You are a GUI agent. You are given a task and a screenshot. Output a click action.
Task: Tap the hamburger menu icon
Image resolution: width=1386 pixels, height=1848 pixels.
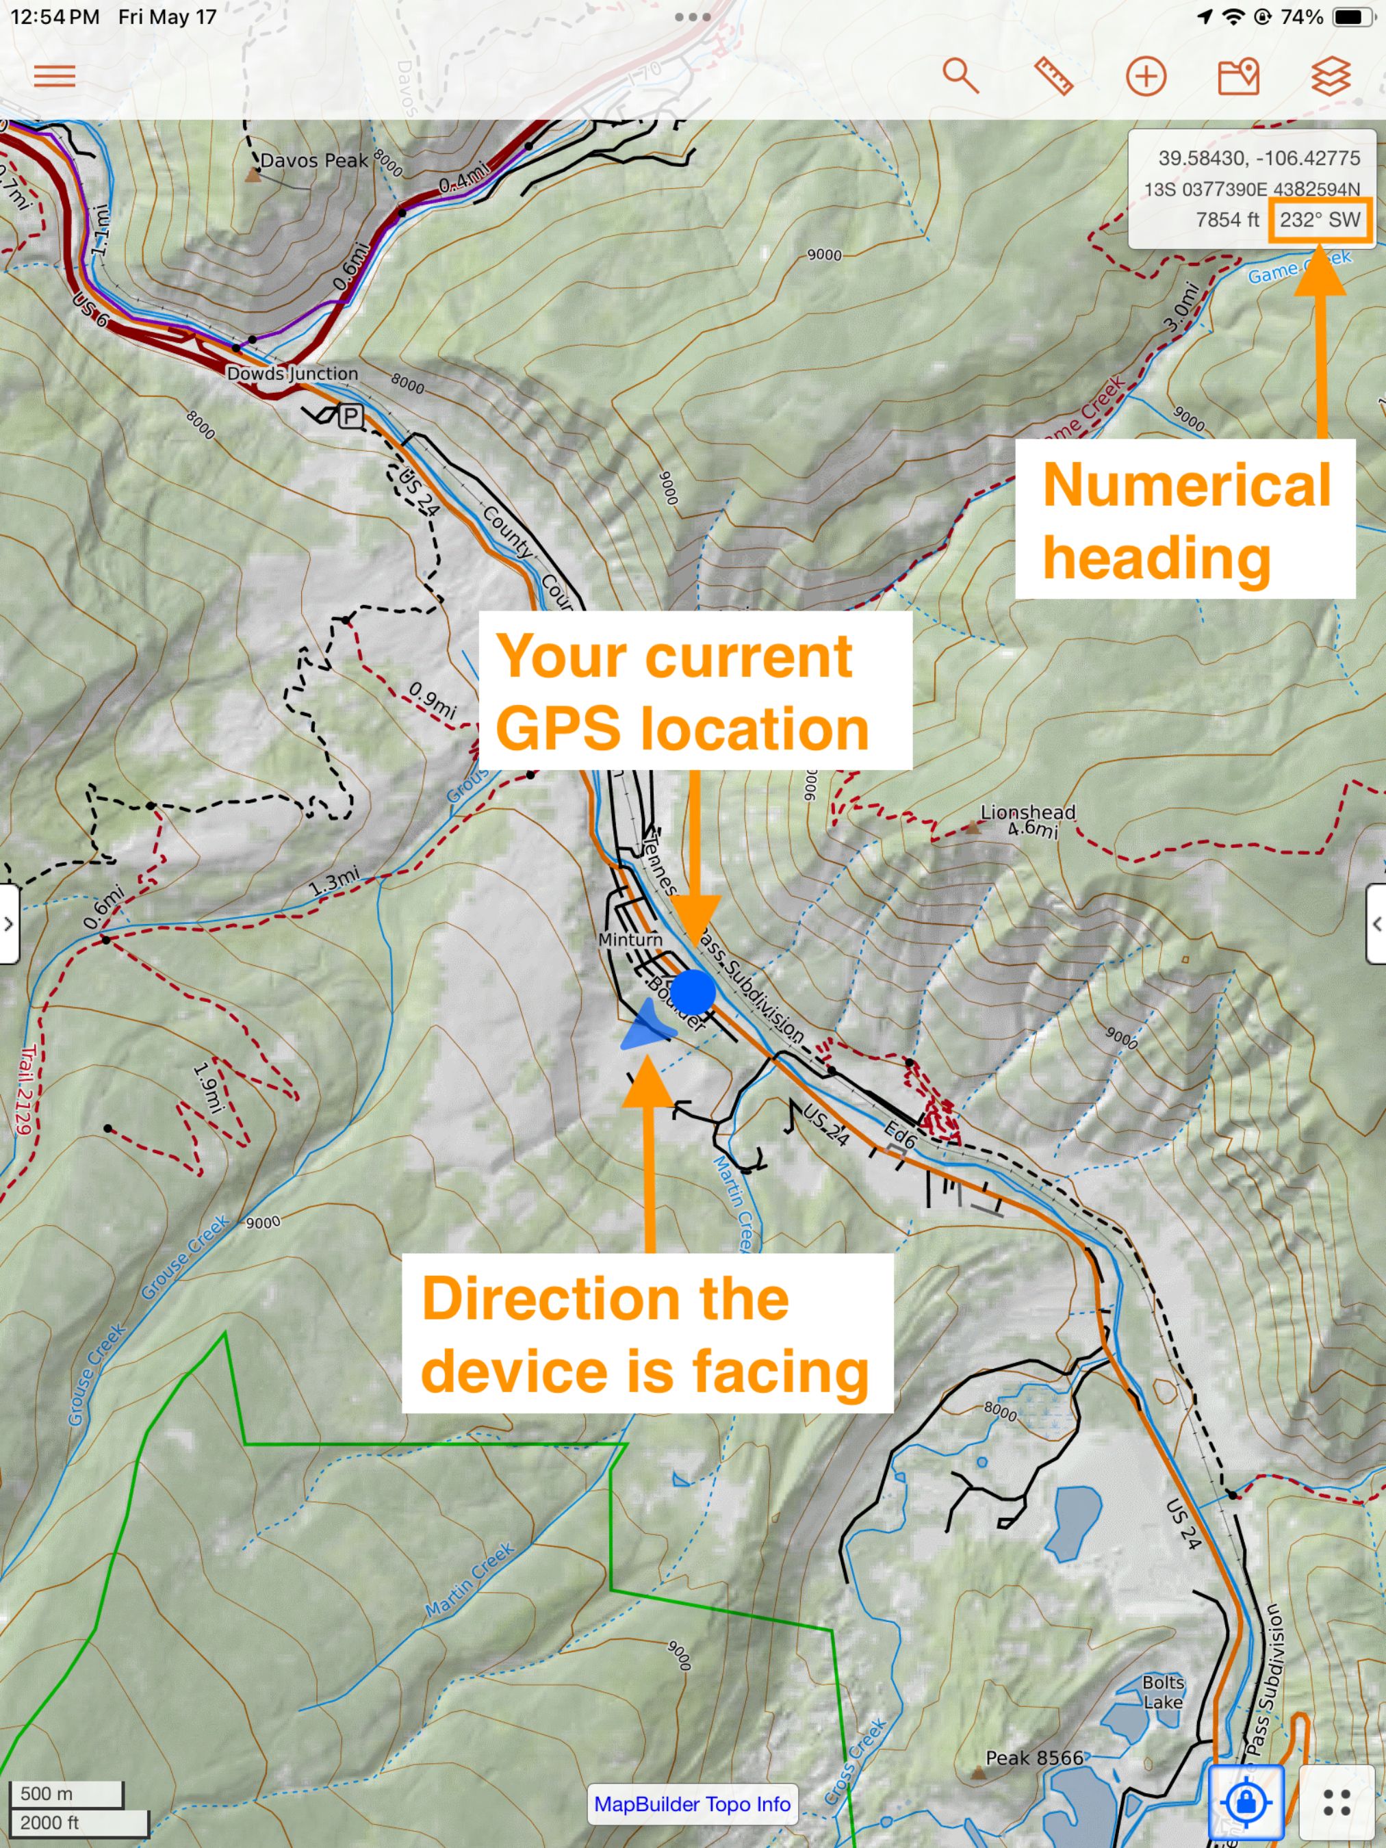54,76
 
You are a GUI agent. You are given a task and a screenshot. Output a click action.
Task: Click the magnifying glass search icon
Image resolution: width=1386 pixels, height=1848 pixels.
960,76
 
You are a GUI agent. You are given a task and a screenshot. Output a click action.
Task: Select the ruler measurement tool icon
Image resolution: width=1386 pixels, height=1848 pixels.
1053,76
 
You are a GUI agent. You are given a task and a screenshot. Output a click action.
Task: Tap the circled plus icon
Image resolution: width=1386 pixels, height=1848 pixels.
1145,77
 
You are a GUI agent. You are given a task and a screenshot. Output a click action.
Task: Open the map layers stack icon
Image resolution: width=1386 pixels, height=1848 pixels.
1330,76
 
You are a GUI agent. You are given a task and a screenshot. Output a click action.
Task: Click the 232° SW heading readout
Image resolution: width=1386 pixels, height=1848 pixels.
1320,220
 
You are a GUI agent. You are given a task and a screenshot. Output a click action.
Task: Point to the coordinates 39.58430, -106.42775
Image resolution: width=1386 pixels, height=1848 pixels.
1258,158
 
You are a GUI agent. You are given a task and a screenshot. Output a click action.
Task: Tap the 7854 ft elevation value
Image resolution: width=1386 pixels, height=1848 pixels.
1227,220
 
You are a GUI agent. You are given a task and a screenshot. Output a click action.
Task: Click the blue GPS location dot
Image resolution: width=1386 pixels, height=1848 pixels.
693,992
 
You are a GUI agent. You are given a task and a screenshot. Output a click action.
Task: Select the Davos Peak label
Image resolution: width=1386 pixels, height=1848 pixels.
313,160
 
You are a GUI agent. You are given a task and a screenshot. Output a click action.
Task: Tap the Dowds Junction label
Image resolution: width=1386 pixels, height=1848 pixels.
292,374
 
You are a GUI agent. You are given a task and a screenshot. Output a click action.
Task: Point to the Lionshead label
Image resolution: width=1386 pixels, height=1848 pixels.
1027,812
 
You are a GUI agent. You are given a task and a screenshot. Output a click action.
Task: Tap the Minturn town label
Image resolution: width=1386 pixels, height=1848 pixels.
630,940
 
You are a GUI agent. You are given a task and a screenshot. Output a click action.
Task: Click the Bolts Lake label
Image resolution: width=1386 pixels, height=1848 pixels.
1163,1692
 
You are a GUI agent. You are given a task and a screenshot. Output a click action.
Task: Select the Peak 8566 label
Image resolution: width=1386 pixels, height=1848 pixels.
1034,1758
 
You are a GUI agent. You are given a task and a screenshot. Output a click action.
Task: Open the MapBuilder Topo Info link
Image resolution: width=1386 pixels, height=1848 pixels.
692,1804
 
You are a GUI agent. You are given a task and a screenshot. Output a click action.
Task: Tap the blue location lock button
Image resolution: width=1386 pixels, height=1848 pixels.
1246,1802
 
